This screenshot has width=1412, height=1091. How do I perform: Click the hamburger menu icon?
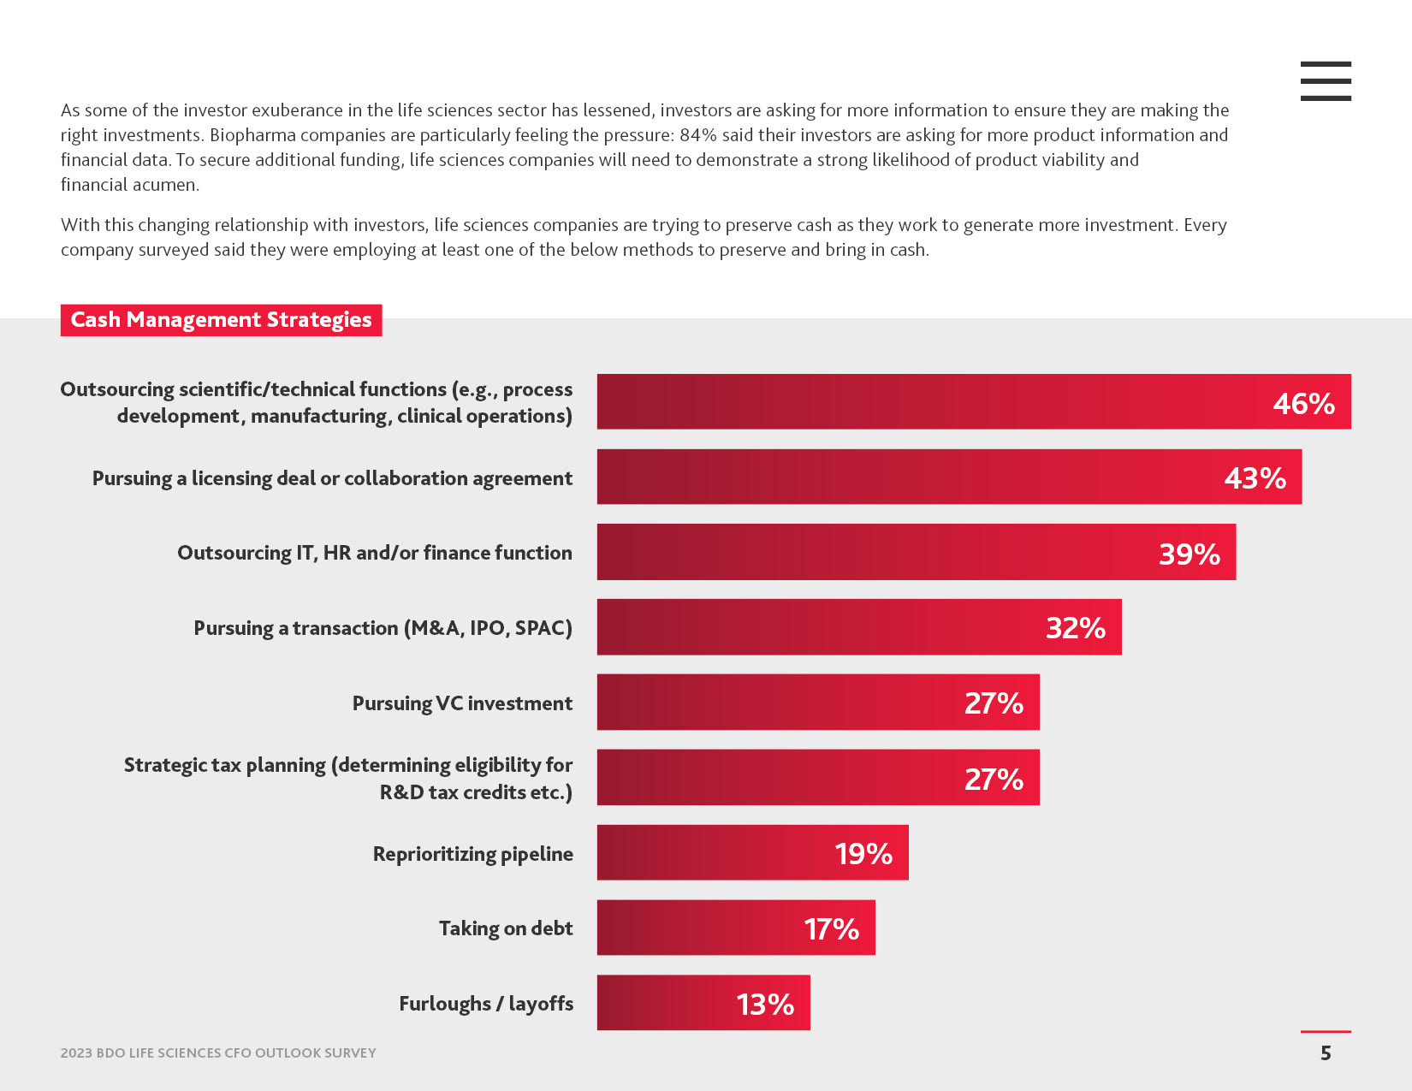coord(1326,81)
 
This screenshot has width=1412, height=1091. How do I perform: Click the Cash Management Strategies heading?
coord(221,320)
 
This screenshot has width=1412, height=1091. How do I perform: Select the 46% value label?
coord(1303,403)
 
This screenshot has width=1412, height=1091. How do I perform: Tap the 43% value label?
coord(1255,477)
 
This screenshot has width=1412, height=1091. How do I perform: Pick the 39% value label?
coord(1189,554)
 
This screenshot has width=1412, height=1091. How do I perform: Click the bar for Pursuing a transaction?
coord(858,627)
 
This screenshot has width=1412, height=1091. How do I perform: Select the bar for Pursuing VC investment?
coord(817,703)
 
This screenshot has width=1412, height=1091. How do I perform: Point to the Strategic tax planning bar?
coord(817,778)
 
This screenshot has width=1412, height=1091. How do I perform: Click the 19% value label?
coord(863,854)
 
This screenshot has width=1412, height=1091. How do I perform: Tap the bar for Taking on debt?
coord(736,928)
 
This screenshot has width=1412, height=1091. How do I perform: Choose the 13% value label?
coord(765,1004)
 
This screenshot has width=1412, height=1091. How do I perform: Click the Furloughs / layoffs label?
coord(486,1004)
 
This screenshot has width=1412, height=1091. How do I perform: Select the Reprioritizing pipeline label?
coord(472,854)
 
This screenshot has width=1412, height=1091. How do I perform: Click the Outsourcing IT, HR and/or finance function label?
coord(375,553)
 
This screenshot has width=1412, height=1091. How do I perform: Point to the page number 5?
coord(1326,1053)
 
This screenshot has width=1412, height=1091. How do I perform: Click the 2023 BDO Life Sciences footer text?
coord(218,1053)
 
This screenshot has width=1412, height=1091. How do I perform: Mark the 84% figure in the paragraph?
coord(697,135)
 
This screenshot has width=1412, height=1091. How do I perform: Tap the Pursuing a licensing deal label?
coord(332,478)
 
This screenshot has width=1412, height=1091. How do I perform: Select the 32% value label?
coord(1075,628)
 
